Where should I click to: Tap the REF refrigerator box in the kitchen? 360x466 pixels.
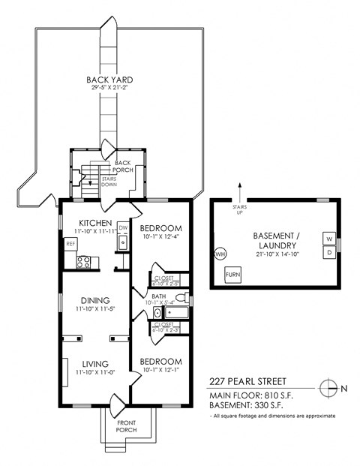70,243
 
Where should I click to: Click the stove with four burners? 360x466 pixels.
84,262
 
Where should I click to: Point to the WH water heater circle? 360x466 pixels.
220,254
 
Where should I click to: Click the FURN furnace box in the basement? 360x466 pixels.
234,274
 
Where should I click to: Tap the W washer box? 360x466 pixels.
328,239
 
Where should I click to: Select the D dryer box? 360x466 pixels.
328,252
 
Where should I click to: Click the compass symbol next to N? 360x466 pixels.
328,388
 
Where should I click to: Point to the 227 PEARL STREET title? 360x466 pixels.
247,381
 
